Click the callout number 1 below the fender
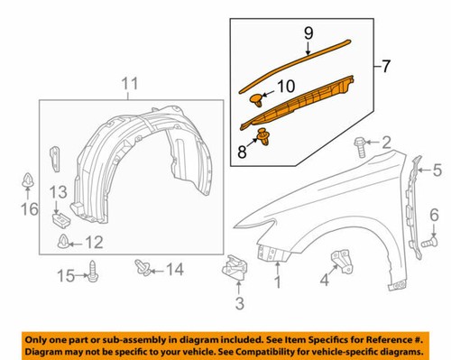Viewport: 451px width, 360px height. (x=278, y=284)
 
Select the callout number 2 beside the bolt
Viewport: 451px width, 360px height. (x=387, y=142)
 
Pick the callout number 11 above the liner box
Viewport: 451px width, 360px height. (x=130, y=87)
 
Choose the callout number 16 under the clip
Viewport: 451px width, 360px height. (x=27, y=209)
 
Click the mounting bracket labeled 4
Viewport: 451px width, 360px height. (x=342, y=259)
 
